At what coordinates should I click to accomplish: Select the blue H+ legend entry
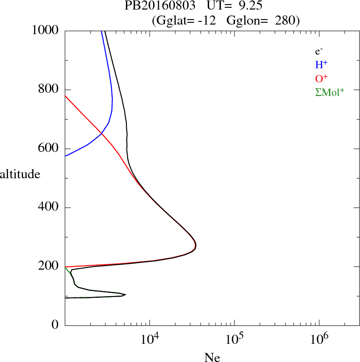[x=321, y=65]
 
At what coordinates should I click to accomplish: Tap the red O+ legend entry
[x=321, y=78]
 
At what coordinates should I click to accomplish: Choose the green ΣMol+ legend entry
[x=330, y=92]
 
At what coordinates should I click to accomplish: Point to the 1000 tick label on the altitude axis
[x=45, y=30]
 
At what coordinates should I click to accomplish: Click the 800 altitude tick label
[x=49, y=90]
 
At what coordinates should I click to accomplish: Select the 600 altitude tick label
[x=49, y=149]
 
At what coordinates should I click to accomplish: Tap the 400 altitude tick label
[x=49, y=208]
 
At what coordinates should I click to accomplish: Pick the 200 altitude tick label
[x=49, y=266]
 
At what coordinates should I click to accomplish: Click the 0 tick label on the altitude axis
[x=55, y=325]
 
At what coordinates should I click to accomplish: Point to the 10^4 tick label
[x=150, y=339]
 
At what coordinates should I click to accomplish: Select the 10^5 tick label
[x=235, y=339]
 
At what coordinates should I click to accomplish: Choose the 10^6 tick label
[x=319, y=339]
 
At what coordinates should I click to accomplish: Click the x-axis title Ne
[x=212, y=357]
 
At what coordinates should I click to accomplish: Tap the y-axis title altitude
[x=20, y=174]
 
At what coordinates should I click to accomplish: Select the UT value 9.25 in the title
[x=249, y=7]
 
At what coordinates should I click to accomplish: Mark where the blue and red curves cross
[x=101, y=133]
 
